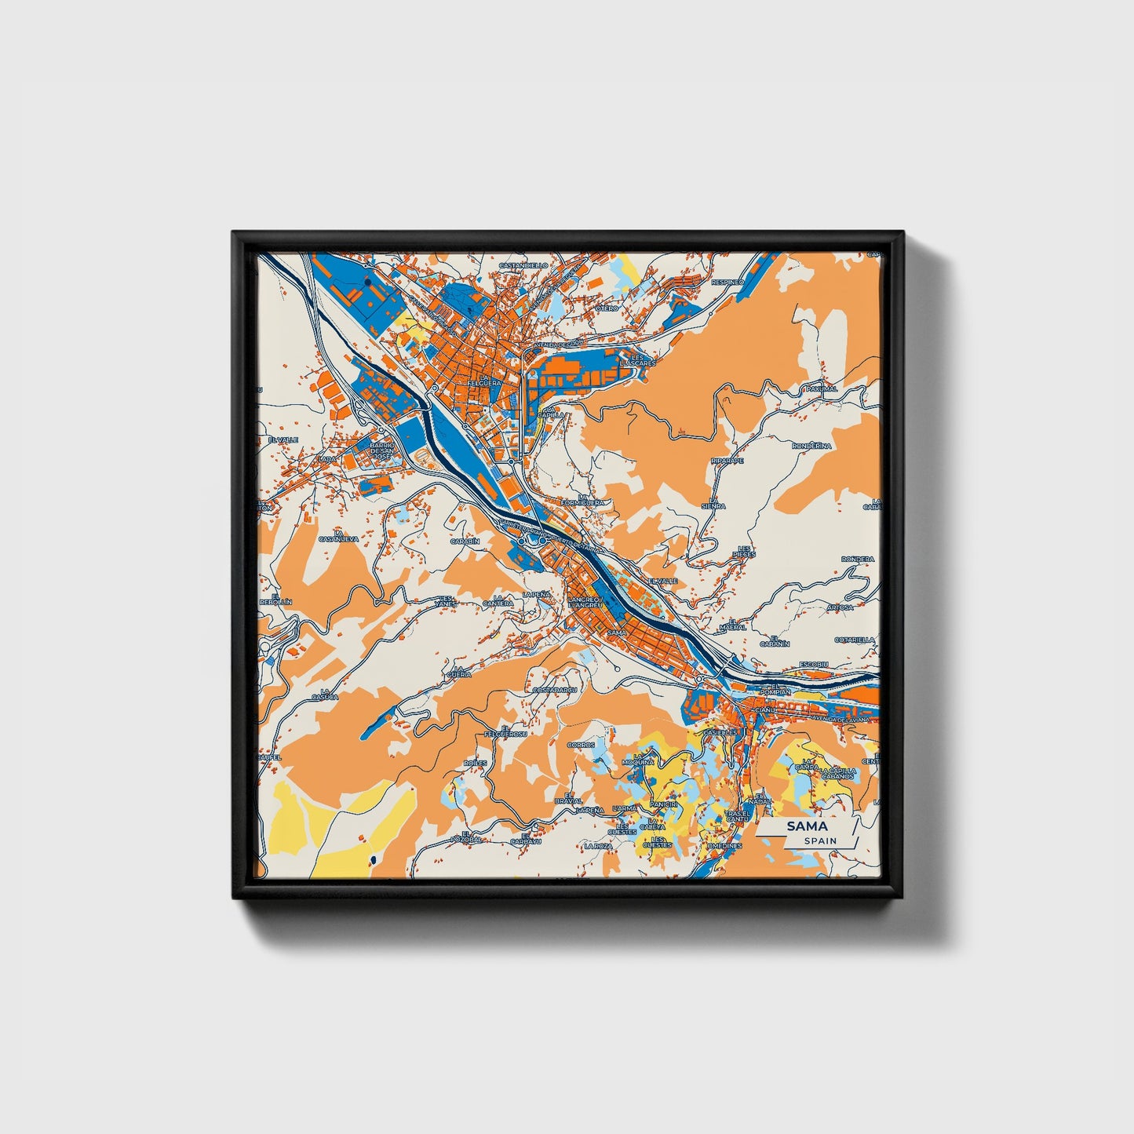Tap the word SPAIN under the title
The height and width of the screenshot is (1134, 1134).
(820, 841)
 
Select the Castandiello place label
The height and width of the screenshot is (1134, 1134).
(523, 265)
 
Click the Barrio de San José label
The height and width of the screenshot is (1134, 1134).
(381, 451)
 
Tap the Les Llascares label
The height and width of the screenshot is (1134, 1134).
(636, 360)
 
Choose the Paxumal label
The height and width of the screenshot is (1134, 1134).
(822, 388)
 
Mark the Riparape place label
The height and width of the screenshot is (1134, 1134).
(727, 461)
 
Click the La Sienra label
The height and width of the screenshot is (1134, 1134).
(713, 503)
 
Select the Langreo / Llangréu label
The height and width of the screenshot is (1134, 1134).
(584, 603)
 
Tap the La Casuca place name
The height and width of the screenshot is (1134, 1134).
(324, 694)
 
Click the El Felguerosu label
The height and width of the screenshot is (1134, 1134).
(505, 731)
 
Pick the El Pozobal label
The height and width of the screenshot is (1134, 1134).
(465, 837)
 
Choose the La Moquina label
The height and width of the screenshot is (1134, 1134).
(637, 760)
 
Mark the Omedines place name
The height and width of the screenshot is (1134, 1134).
(724, 846)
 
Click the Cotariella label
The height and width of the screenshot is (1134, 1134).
(854, 640)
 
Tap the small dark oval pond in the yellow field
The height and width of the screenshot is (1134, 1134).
(374, 861)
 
